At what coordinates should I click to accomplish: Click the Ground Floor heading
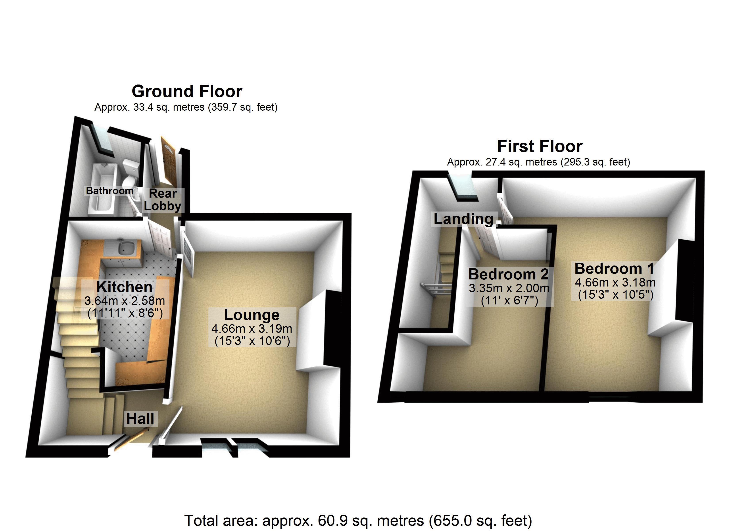pos(187,91)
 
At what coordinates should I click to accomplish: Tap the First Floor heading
pos(540,146)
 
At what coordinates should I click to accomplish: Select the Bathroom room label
pos(109,191)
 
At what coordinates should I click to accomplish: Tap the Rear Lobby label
pos(163,200)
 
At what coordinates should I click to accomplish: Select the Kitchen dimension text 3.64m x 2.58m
pos(125,300)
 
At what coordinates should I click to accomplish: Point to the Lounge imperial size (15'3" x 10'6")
pos(252,341)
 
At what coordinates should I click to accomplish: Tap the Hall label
pos(140,419)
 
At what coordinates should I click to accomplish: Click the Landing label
pos(463,219)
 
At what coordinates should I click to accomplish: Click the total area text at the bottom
pos(358,520)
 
